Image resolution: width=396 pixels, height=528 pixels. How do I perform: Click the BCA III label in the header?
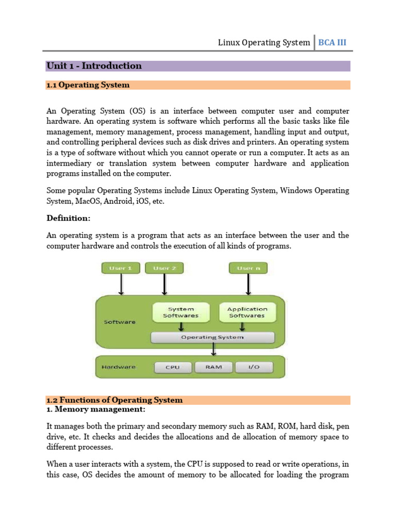[x=332, y=42]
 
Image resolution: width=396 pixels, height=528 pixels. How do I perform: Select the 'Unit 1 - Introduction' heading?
[x=94, y=65]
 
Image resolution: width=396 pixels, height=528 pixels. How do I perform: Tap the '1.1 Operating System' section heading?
[x=88, y=85]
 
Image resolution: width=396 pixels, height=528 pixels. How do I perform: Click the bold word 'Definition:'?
[x=68, y=218]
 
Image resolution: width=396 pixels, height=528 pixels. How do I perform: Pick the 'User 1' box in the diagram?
[x=121, y=268]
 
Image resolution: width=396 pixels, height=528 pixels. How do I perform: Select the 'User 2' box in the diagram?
[x=164, y=268]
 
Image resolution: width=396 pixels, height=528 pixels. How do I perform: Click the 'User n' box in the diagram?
[x=248, y=268]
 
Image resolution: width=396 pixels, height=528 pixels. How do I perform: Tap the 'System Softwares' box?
[x=180, y=312]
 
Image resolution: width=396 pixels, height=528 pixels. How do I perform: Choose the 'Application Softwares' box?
[x=247, y=312]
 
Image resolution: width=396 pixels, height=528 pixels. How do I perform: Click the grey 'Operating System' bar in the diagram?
[x=212, y=337]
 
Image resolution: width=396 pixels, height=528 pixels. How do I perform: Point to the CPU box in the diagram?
[x=173, y=367]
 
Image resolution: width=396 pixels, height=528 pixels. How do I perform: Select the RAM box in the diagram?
[x=213, y=367]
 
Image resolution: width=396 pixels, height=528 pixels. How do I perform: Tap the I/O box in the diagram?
[x=254, y=367]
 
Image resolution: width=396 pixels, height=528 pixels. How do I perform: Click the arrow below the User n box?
[x=248, y=285]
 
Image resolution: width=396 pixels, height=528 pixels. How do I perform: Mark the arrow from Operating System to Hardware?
[x=213, y=350]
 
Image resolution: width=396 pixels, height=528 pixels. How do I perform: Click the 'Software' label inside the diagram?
[x=120, y=322]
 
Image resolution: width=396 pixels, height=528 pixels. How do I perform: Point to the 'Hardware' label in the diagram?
[x=119, y=367]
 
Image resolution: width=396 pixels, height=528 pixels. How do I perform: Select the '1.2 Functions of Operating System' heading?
[x=114, y=400]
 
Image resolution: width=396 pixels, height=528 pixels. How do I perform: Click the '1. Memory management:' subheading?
[x=96, y=409]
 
